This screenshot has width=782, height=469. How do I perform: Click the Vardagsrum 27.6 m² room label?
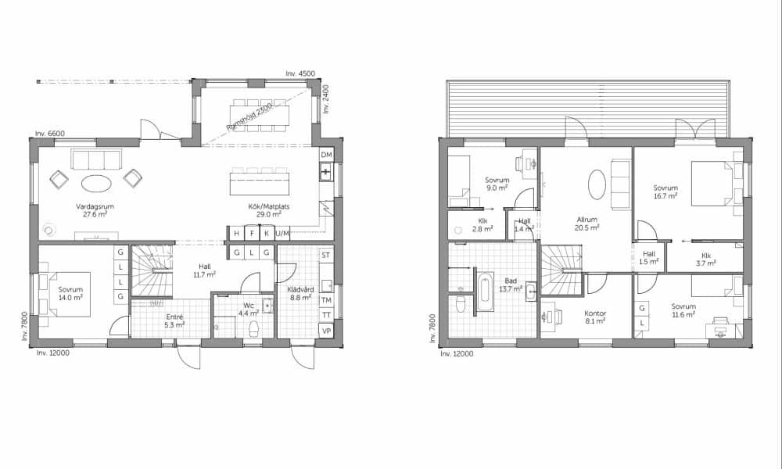(x=95, y=210)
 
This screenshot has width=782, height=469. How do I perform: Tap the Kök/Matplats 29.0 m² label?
(x=269, y=210)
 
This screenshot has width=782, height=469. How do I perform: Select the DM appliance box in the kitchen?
(x=326, y=155)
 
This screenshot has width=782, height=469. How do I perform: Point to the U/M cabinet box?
(x=282, y=233)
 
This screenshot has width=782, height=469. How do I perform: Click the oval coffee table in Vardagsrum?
(x=96, y=184)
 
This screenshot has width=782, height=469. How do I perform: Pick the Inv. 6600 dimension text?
(x=50, y=134)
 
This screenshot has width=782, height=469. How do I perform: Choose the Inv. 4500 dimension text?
(x=300, y=73)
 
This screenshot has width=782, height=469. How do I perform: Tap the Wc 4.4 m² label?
(x=249, y=310)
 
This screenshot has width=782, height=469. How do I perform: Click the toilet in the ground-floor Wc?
(x=254, y=329)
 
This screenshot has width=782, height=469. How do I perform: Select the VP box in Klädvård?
(x=326, y=331)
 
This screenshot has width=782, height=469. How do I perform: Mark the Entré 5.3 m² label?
(x=174, y=320)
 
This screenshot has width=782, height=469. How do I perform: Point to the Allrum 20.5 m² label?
(x=586, y=224)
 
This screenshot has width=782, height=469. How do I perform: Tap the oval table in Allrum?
(x=597, y=184)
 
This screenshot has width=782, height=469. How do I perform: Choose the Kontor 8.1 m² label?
(x=595, y=317)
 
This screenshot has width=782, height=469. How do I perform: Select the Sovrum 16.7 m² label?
(x=665, y=192)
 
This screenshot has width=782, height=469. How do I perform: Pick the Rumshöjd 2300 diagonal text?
(x=249, y=116)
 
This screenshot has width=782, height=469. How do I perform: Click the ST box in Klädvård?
(x=326, y=255)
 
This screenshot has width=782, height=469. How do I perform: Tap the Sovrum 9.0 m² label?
(x=497, y=184)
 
